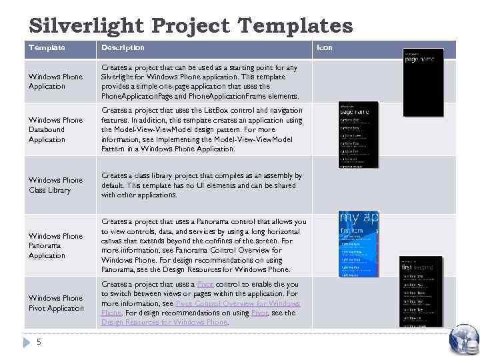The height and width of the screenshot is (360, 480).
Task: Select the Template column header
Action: point(47,47)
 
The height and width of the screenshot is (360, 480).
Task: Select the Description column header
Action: point(123,47)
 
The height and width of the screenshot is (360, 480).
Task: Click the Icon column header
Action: point(324,47)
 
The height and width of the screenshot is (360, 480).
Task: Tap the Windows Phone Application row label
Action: point(56,81)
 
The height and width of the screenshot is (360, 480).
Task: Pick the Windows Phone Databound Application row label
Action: point(56,129)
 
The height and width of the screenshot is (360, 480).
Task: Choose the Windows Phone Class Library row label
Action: point(56,185)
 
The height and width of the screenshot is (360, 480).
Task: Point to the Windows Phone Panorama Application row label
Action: point(56,245)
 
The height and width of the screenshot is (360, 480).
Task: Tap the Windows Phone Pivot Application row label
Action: point(56,303)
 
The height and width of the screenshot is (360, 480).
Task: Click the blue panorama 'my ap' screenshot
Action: point(359,244)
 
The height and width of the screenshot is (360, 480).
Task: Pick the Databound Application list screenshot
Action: point(358,135)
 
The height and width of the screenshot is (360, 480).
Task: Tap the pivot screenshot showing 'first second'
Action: point(421,291)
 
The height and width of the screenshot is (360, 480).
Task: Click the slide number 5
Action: point(39,342)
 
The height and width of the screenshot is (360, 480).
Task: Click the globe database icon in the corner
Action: point(464,339)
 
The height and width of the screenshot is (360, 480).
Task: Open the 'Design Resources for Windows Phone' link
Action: point(164,323)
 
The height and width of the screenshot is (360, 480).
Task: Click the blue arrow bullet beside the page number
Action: point(27,342)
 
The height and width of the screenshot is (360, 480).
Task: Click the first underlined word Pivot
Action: point(204,285)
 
